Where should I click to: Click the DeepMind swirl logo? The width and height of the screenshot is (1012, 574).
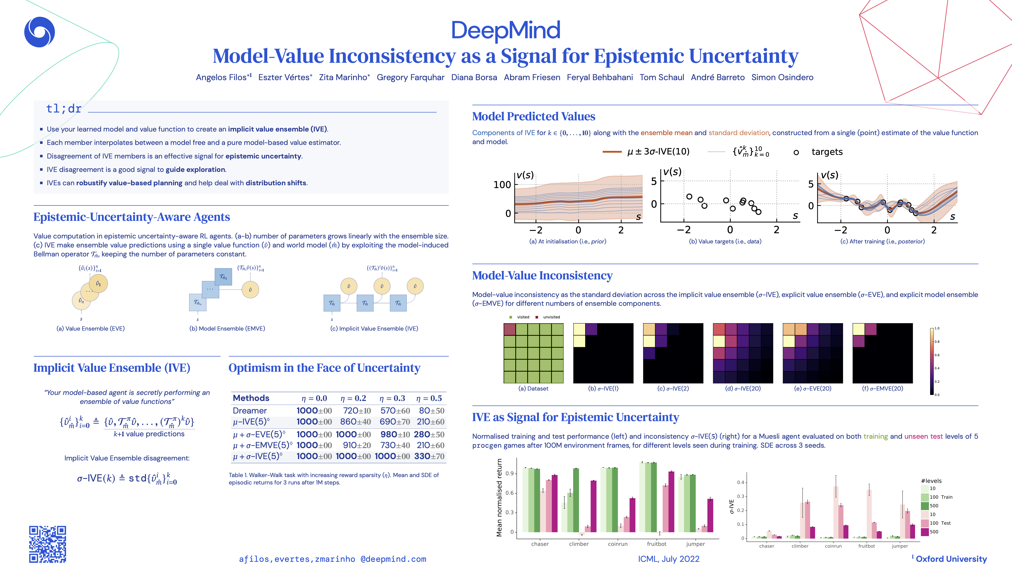[39, 32]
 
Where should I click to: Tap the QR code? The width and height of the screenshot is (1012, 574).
[48, 544]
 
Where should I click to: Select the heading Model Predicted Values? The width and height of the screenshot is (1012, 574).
[533, 116]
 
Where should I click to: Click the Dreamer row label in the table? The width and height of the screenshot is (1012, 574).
[250, 410]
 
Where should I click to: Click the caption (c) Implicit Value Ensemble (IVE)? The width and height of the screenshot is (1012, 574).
[374, 328]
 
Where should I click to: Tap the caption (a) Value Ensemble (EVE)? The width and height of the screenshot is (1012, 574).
[91, 328]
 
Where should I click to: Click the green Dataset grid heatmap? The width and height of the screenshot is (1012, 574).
[533, 353]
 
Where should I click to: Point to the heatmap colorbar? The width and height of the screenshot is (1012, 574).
[932, 361]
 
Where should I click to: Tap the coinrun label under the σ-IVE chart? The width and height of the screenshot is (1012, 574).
[833, 546]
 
